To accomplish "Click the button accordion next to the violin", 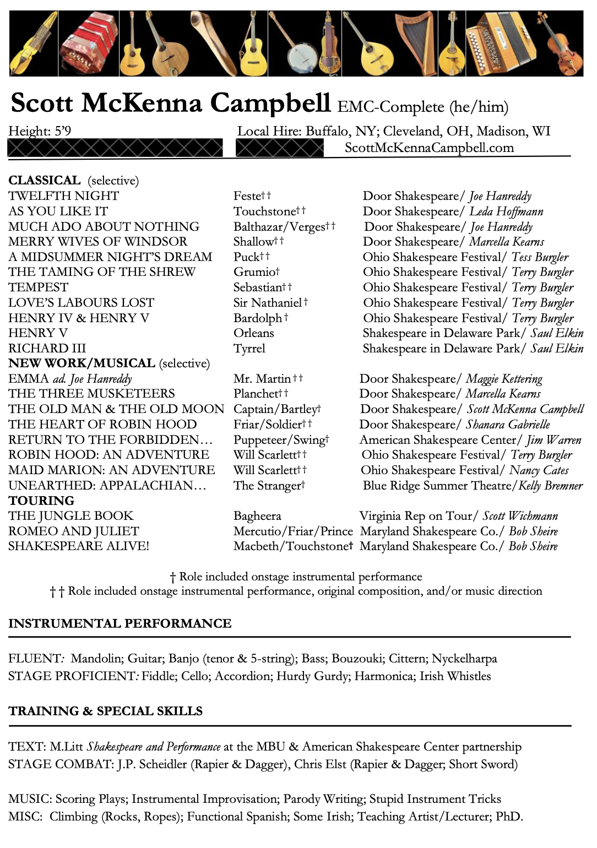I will pos(500,43).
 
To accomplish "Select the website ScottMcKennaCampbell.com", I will pos(429,148).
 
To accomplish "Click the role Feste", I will pos(247,196).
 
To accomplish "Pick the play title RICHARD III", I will pos(47,349).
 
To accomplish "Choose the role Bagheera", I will pos(257,516).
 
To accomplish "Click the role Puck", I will pos(246,257).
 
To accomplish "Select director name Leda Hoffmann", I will pos(506,211).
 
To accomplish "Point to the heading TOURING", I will pos(41,501).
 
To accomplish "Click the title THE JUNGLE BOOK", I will pos(71,516).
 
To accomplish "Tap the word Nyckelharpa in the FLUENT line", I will pos(464,659).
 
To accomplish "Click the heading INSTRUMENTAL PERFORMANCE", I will pos(120,623).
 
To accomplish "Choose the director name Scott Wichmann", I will pos(520,516).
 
